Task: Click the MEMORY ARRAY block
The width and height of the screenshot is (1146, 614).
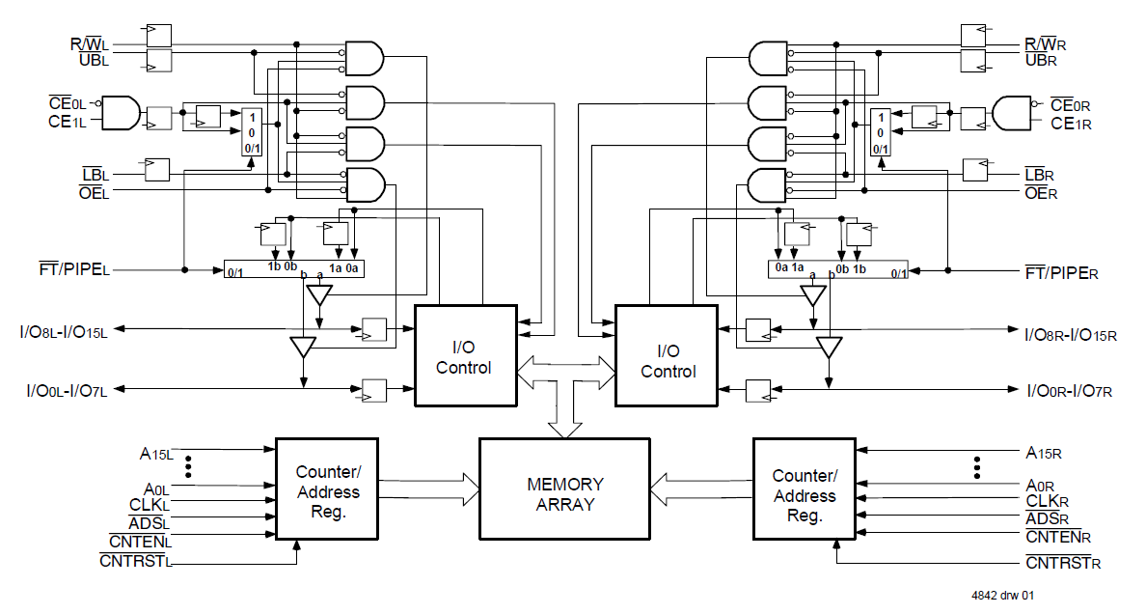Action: click(565, 488)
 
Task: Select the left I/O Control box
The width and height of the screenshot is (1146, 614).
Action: click(465, 354)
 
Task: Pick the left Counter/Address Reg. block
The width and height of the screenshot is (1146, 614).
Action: click(327, 491)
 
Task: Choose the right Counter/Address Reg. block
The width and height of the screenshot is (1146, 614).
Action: click(804, 495)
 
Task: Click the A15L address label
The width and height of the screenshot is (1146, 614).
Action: click(156, 451)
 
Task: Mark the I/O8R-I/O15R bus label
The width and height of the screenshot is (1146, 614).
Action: click(1071, 334)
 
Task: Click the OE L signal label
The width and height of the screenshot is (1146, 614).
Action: click(95, 191)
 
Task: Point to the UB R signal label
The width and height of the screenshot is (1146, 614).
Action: click(1045, 61)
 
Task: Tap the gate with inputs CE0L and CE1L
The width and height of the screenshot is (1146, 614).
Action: click(120, 113)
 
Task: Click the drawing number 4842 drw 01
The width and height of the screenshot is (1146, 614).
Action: click(1004, 596)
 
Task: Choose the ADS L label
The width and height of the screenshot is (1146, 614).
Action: click(148, 522)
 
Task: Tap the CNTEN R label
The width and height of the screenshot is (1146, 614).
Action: click(1058, 537)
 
